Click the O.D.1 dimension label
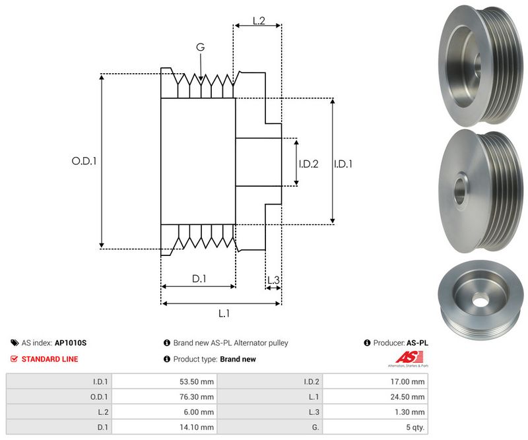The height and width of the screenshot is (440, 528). click(x=84, y=160)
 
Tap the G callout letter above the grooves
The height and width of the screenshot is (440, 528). click(x=200, y=47)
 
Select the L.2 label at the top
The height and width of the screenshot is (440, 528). click(x=258, y=21)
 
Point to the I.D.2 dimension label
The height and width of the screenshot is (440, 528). click(x=308, y=164)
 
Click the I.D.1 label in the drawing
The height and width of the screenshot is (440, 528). click(x=343, y=164)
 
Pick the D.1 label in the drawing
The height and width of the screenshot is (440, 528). click(x=199, y=279)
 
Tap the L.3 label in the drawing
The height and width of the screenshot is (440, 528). click(x=273, y=280)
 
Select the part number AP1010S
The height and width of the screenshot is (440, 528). click(x=71, y=343)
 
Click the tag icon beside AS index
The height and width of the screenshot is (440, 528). click(x=15, y=343)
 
